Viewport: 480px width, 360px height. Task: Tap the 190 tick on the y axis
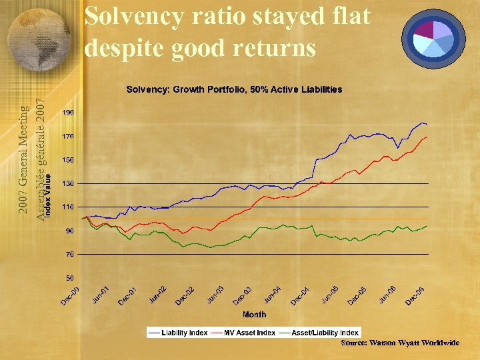(68, 113)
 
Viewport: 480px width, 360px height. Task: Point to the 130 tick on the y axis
(68, 183)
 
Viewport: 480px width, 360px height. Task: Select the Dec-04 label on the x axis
(301, 295)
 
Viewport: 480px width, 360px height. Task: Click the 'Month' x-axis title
(254, 314)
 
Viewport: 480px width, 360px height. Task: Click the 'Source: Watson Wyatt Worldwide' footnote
(400, 343)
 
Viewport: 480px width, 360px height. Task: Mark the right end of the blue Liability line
(427, 125)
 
